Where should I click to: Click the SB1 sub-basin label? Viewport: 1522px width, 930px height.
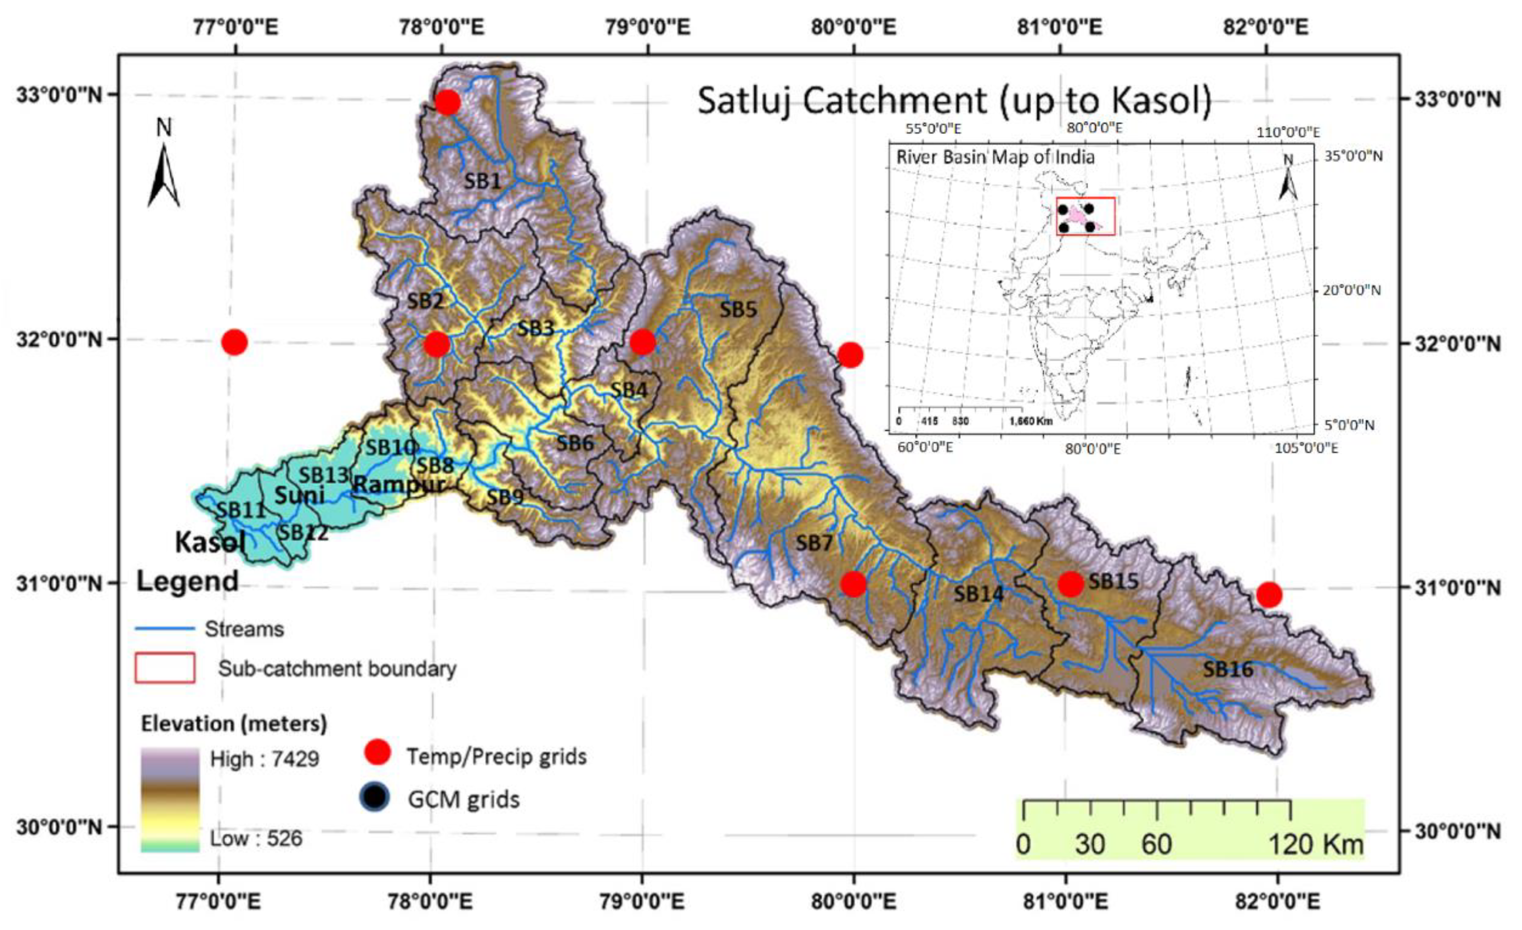click(482, 181)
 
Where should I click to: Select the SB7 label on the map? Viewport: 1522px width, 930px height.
click(814, 543)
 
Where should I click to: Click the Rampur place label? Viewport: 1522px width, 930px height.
click(399, 485)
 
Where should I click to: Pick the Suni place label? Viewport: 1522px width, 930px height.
click(299, 495)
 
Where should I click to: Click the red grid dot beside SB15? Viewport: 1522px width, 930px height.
click(1070, 583)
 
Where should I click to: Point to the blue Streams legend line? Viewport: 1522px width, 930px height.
click(165, 629)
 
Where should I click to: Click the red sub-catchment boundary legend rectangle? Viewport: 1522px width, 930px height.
click(165, 668)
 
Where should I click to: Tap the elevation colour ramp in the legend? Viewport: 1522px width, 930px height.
click(170, 800)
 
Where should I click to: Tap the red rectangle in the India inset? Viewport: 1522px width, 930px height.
click(1085, 216)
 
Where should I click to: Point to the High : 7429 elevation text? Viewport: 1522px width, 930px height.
click(264, 759)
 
